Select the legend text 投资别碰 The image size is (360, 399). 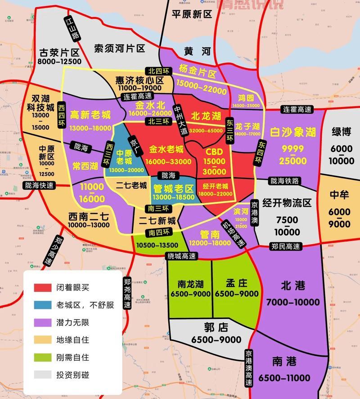point(72,374)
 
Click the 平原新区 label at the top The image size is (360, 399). point(192,14)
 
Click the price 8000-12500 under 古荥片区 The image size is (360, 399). point(59,62)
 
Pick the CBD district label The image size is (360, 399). point(214,152)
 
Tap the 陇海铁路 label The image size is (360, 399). point(284,181)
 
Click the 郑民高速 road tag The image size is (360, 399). point(286,246)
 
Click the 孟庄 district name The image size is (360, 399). point(236,283)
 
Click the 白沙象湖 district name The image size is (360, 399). point(293,132)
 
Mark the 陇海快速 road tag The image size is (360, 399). point(38,186)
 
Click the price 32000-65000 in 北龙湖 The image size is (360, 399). point(207,130)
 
